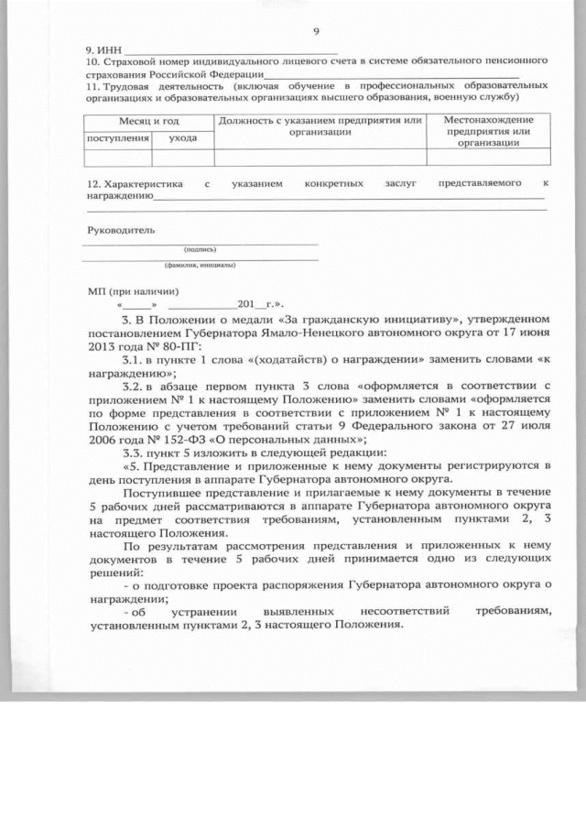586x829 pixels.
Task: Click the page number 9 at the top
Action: point(316,32)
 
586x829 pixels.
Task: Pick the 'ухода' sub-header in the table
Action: point(182,137)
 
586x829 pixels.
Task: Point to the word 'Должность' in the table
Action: point(246,120)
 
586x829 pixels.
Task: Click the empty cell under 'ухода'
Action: point(182,157)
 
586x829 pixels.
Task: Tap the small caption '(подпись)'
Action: point(200,249)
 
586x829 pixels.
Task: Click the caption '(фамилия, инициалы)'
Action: point(200,267)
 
